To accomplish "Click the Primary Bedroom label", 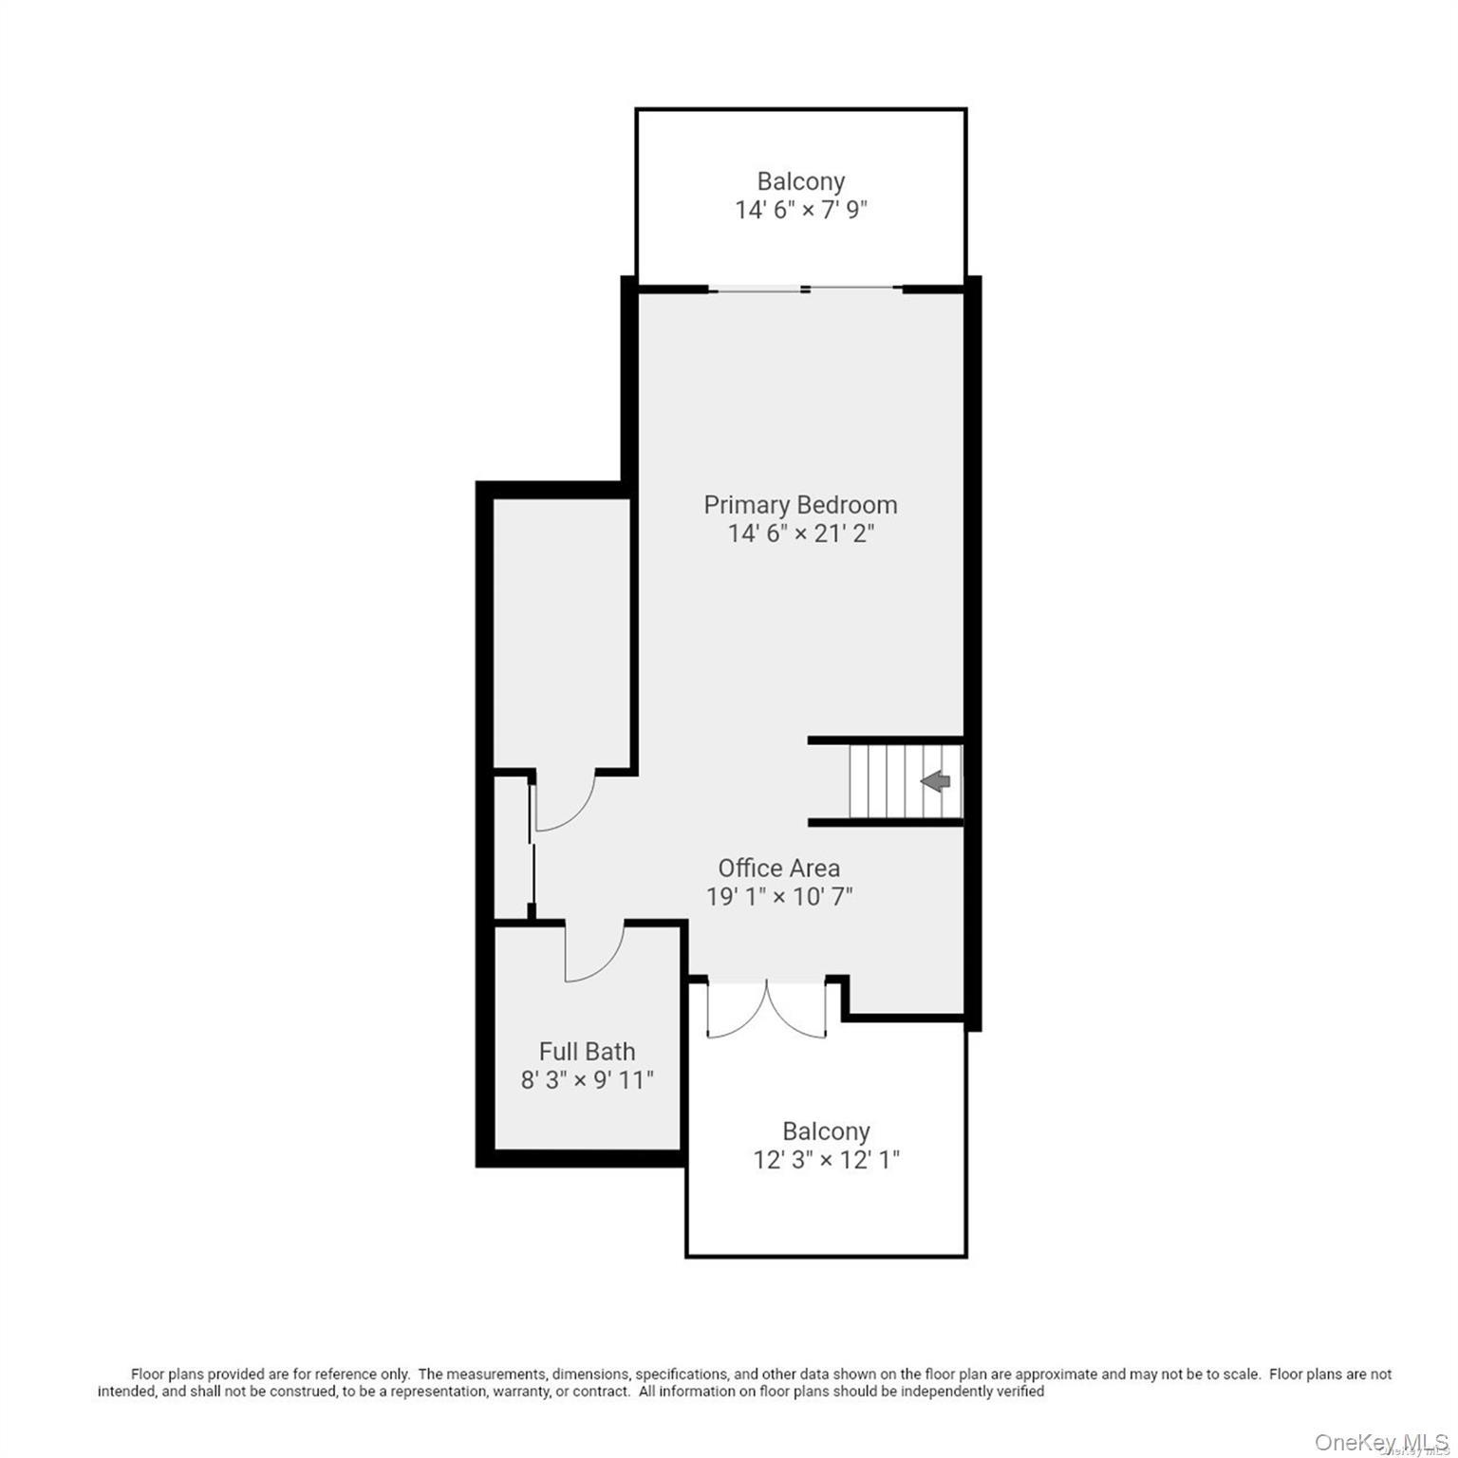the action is pyautogui.click(x=800, y=505).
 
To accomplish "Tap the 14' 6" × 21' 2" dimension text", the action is pyautogui.click(x=800, y=533).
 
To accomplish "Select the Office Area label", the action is pyautogui.click(x=778, y=869).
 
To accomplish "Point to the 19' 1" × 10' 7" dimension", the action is pyautogui.click(x=779, y=896).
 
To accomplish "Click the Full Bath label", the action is pyautogui.click(x=587, y=1052).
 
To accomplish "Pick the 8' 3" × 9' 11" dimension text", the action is pyautogui.click(x=587, y=1080).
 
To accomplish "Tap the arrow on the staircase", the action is pyautogui.click(x=936, y=781).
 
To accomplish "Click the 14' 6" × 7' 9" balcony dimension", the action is pyautogui.click(x=800, y=210).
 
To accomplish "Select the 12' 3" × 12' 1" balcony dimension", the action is pyautogui.click(x=826, y=1160).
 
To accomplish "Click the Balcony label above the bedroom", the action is pyautogui.click(x=800, y=181).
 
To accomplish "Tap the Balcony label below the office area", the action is pyautogui.click(x=826, y=1131).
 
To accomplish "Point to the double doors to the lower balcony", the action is pyautogui.click(x=766, y=1010).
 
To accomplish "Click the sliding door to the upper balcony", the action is pyautogui.click(x=805, y=289).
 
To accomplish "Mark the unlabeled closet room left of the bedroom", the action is pyautogui.click(x=562, y=631).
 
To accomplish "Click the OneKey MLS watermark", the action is pyautogui.click(x=1381, y=1443).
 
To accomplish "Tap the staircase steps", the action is pyautogui.click(x=906, y=781).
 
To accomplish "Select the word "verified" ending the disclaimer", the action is pyautogui.click(x=1019, y=1392).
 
